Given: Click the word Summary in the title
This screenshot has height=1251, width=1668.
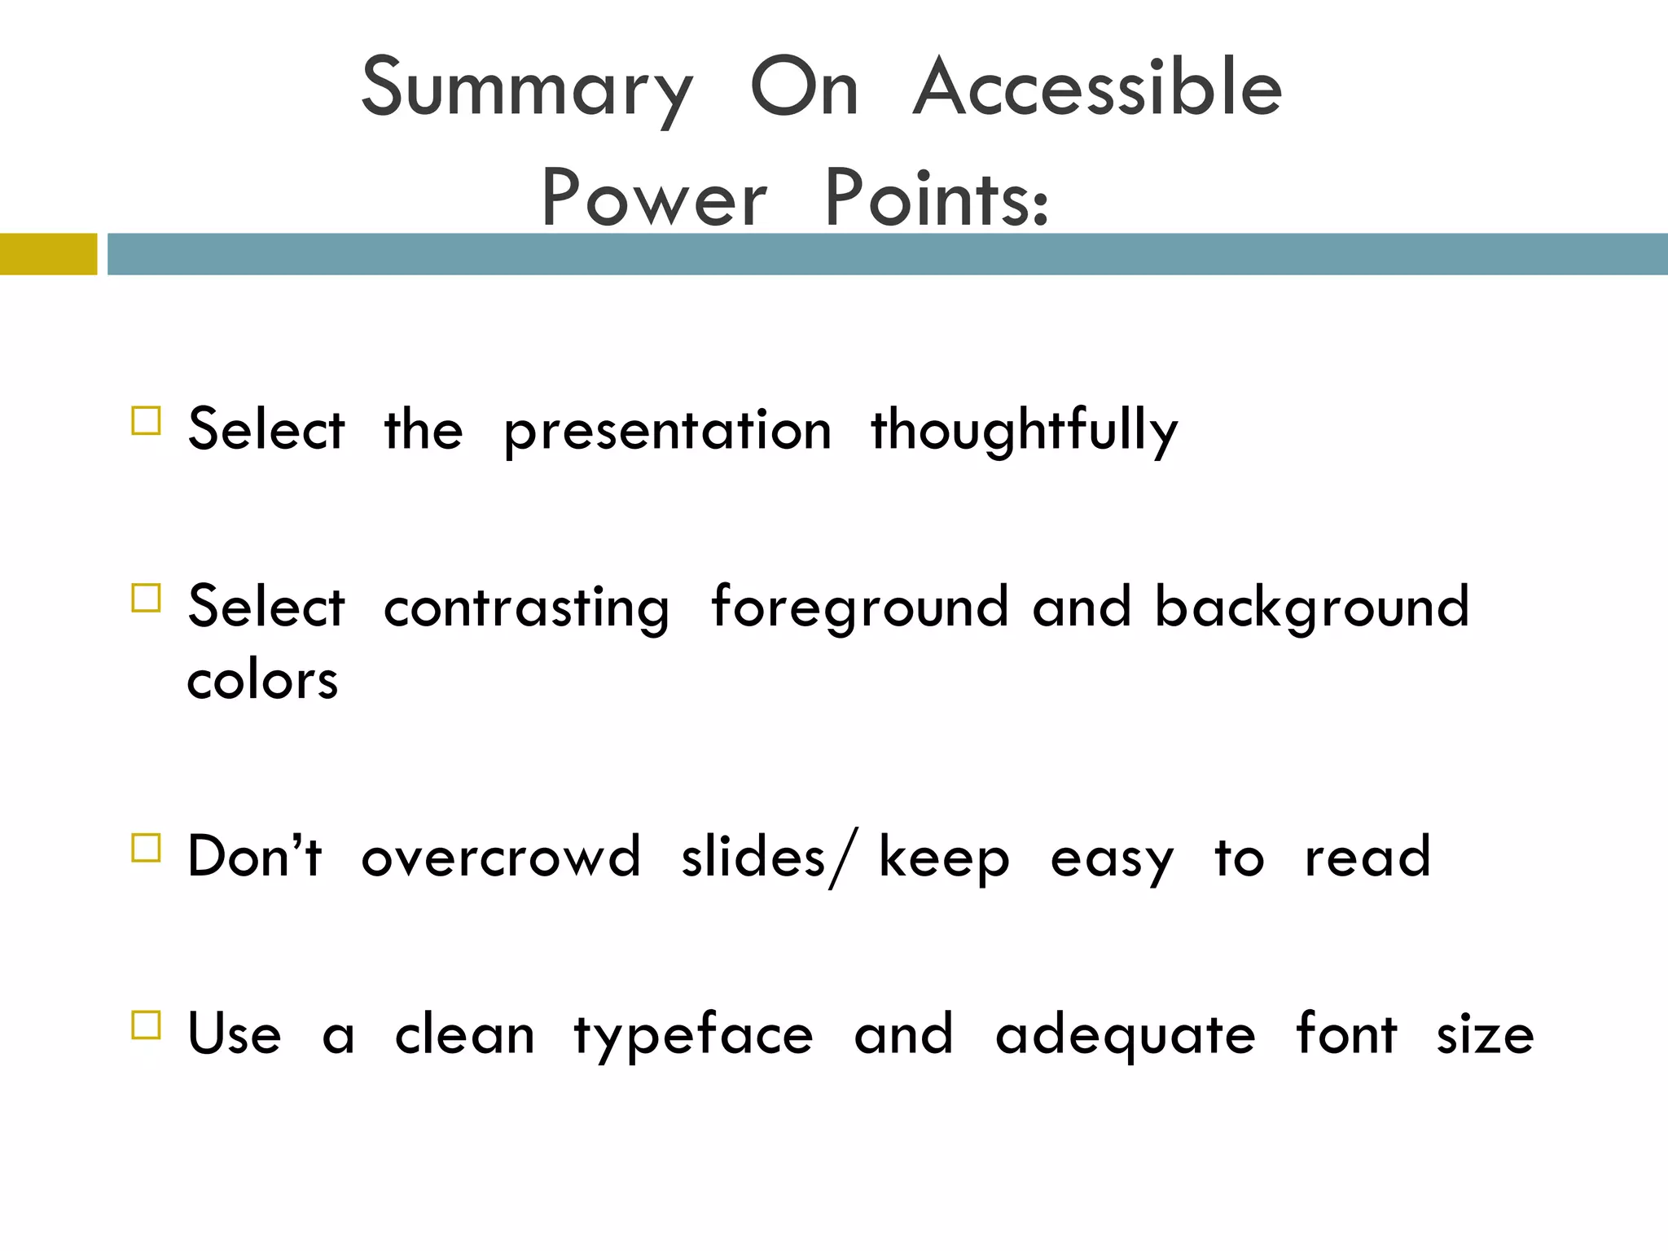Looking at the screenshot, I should click(527, 90).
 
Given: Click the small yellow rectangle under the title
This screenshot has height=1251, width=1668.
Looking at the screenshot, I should click(48, 254).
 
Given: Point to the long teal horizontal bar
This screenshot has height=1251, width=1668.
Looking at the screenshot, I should click(888, 254).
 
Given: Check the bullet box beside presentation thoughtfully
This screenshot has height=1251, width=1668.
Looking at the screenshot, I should click(146, 421).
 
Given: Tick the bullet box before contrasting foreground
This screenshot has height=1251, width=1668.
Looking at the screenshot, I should click(146, 599).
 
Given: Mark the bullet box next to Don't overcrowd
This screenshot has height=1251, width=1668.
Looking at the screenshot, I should click(146, 848).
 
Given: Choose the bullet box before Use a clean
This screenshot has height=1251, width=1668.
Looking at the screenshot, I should click(146, 1025).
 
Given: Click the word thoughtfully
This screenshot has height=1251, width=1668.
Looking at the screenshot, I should click(1024, 430).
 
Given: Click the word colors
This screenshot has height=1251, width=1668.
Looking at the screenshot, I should click(262, 680).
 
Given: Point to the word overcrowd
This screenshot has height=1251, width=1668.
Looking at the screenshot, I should click(501, 857).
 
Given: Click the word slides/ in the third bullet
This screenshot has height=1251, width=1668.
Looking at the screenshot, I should click(769, 857).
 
